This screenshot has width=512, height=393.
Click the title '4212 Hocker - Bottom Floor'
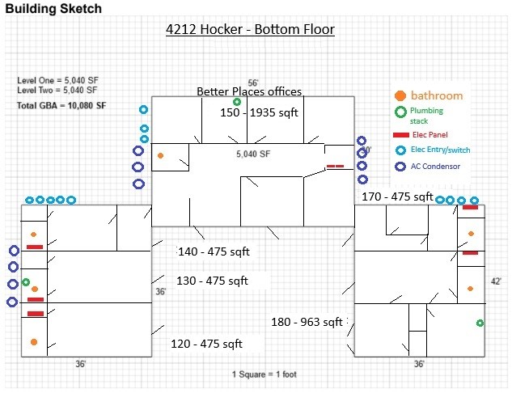250,29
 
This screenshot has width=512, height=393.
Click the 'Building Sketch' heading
53,8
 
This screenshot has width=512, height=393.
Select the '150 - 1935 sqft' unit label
259,112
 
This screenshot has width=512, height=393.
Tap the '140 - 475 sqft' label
214,251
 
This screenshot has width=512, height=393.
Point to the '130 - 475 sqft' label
212,281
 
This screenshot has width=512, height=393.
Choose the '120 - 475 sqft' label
207,344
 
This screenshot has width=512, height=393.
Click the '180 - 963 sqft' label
307,322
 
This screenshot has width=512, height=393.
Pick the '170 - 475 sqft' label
397,196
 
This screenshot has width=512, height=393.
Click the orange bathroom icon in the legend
400,95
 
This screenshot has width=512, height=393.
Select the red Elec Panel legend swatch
401,135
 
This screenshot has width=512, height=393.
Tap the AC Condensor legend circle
400,167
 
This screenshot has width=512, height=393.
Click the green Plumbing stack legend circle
400,112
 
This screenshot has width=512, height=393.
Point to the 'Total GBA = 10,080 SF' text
61,105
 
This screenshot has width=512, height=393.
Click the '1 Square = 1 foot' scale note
264,374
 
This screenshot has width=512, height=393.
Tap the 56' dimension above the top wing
253,83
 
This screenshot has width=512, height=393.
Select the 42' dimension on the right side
496,281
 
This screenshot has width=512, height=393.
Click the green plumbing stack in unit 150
237,102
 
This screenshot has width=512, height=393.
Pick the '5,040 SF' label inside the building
253,154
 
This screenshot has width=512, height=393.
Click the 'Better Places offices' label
249,91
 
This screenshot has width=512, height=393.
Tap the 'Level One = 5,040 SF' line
57,80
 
